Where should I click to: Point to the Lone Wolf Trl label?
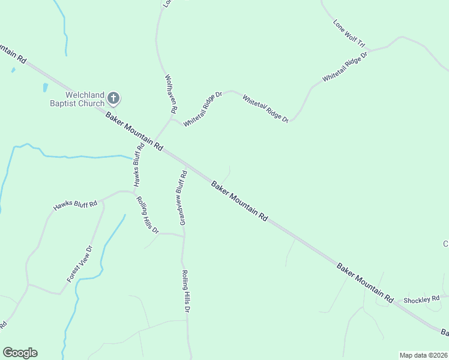[349, 34]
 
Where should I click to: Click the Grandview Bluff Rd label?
[182, 197]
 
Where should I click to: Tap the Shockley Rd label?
[421, 299]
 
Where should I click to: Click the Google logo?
[20, 353]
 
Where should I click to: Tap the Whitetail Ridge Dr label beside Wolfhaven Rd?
[203, 109]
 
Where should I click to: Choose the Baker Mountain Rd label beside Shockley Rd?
[364, 281]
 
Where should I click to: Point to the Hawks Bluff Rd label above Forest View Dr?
[75, 205]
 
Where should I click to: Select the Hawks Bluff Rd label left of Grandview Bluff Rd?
[138, 166]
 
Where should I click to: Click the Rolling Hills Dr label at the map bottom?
[185, 292]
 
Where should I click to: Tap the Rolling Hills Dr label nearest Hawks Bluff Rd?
[147, 215]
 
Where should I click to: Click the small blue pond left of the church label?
[45, 88]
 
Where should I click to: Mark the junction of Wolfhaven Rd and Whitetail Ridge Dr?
[172, 119]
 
